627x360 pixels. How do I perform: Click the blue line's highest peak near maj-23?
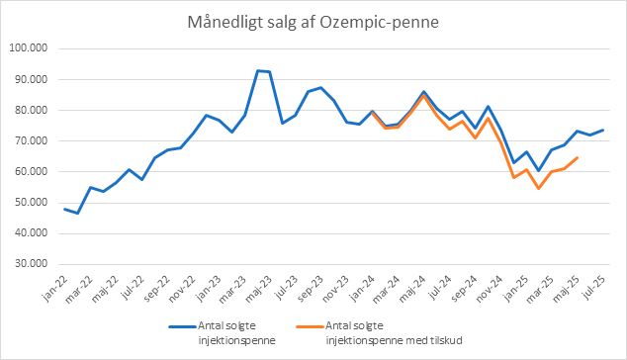point(258,71)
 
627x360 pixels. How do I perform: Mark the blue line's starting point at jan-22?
point(65,209)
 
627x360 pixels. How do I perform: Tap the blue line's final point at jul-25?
point(602,131)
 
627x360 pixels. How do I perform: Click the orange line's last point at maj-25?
point(577,158)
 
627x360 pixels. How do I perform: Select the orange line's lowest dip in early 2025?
point(538,188)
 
